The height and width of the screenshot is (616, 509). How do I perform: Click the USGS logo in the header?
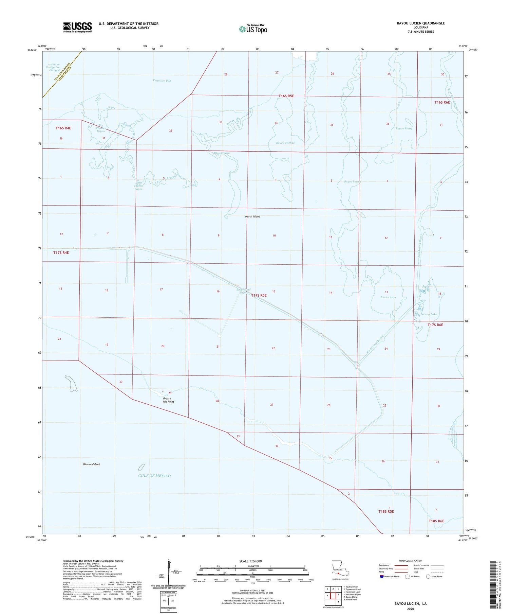(x=77, y=27)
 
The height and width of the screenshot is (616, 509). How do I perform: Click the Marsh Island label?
(x=252, y=216)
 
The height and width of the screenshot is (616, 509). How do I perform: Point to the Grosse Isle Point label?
(x=168, y=400)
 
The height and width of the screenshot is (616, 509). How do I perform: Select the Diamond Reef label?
(x=91, y=464)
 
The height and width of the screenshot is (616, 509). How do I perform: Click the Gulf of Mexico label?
(x=154, y=476)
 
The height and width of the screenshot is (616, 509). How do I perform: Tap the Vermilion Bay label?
(x=162, y=81)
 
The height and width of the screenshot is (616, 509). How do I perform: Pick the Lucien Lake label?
(x=388, y=297)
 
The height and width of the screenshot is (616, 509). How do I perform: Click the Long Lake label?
(x=430, y=314)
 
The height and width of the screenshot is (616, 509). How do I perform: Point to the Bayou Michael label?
(x=286, y=143)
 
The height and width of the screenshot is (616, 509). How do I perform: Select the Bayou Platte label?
(x=404, y=128)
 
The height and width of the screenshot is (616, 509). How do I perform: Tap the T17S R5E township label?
(x=259, y=295)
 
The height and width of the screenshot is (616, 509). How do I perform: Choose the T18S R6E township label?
(x=436, y=521)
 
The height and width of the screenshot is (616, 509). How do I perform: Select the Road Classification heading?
(x=411, y=561)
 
